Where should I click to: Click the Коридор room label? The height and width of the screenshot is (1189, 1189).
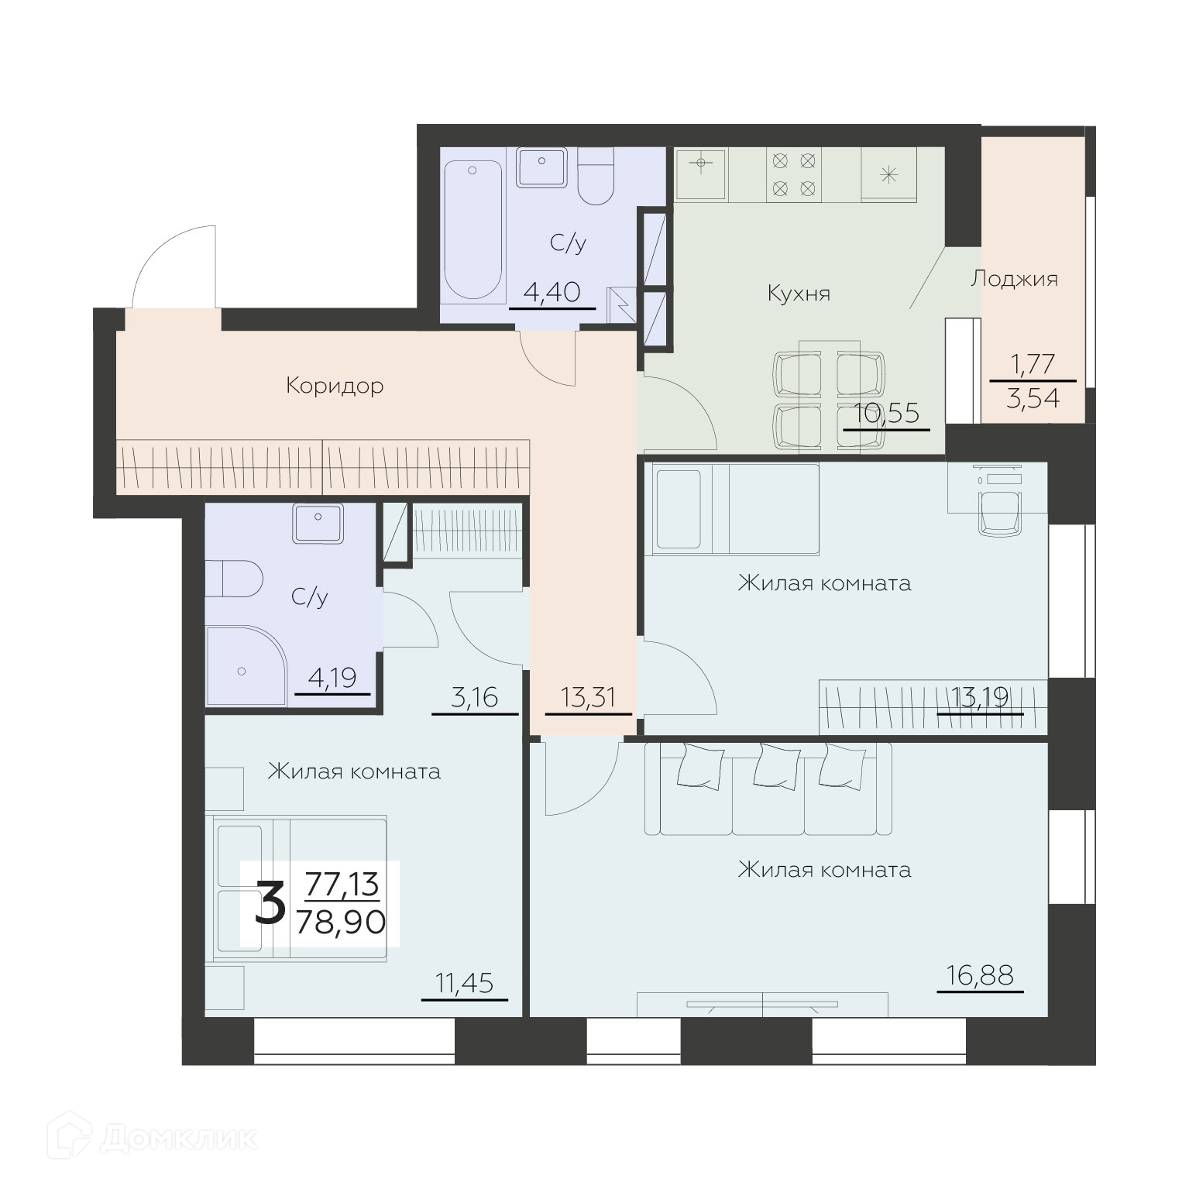click(x=335, y=386)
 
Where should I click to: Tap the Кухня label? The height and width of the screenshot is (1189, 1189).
click(x=799, y=294)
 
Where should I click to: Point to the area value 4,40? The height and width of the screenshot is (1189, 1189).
click(x=552, y=293)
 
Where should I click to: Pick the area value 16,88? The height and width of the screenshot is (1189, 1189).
click(x=980, y=975)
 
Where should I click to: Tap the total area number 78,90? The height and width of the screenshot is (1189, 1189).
click(x=341, y=922)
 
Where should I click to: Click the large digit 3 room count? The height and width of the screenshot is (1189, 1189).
click(x=270, y=904)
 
